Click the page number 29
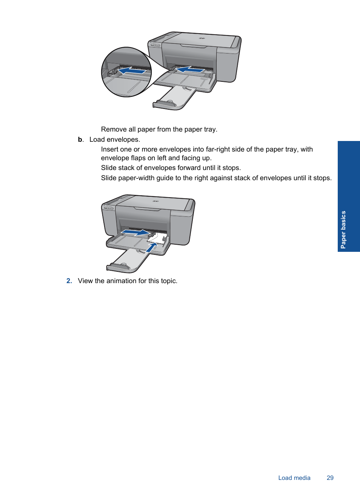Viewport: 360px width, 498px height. pos(330,478)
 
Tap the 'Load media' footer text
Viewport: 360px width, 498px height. pos(294,478)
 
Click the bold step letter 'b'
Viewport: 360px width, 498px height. pos(80,139)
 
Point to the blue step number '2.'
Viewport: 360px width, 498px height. pos(69,281)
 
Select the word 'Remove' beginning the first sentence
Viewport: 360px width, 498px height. pos(114,129)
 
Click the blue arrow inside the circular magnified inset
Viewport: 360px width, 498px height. pos(132,70)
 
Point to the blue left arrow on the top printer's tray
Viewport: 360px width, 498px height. pos(190,69)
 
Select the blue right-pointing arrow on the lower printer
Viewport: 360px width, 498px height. pos(135,233)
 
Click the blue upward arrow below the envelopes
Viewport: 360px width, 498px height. pos(152,247)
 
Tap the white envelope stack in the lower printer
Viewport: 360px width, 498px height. pos(158,238)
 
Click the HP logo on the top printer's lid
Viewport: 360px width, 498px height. pos(202,38)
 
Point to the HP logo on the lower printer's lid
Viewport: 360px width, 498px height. pos(155,201)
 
